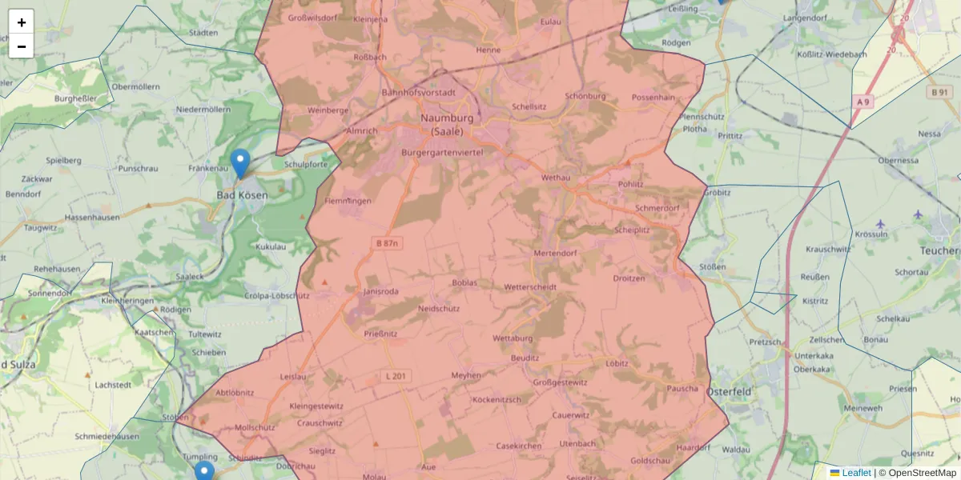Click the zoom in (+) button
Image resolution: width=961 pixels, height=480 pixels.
click(x=22, y=22)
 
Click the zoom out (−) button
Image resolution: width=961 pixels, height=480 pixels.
click(x=22, y=46)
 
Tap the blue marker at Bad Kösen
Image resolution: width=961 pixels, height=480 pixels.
click(x=239, y=164)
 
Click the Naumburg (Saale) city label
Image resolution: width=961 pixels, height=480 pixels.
click(x=447, y=124)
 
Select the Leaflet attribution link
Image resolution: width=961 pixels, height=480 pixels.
click(x=856, y=473)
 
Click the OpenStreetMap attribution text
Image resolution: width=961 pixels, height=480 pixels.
click(x=922, y=473)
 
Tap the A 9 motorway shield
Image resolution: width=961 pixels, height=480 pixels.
click(x=862, y=102)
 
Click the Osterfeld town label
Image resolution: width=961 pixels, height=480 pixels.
click(x=729, y=391)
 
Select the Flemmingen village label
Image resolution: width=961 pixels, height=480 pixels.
click(x=348, y=201)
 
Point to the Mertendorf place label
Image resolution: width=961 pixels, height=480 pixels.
click(x=555, y=254)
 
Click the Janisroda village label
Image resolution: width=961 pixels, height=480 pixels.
click(x=381, y=292)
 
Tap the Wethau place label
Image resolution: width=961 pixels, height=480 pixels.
click(x=555, y=177)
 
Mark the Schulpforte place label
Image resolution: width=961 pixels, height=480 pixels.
click(x=305, y=164)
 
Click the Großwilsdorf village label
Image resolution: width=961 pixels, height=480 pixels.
click(x=312, y=18)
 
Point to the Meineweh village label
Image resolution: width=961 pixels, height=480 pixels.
click(x=862, y=408)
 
